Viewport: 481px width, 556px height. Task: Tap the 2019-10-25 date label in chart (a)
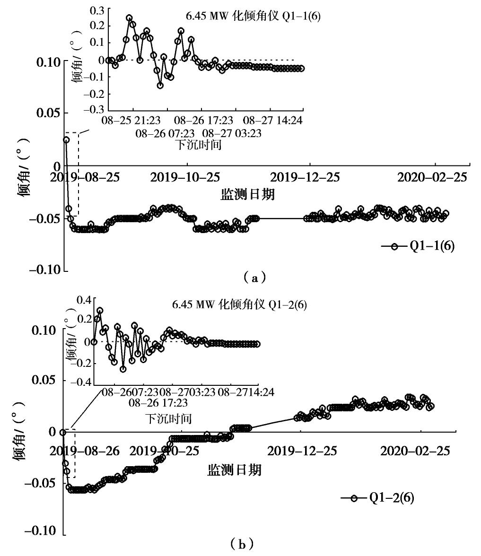pyautogui.click(x=185, y=177)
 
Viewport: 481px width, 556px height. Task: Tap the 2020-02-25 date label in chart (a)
pyautogui.click(x=431, y=177)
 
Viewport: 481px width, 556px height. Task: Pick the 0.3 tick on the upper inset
pyautogui.click(x=96, y=9)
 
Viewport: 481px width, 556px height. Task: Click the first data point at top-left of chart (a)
pyautogui.click(x=66, y=140)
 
